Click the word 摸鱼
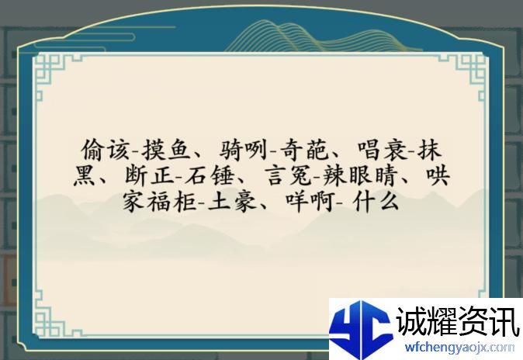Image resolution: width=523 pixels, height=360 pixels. [x=165, y=151]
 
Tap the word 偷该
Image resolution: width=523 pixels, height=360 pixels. [x=105, y=151]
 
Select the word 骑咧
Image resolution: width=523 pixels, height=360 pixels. [x=244, y=151]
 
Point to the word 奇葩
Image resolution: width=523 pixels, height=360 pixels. [x=304, y=151]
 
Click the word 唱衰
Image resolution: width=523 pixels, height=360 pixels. [x=383, y=151]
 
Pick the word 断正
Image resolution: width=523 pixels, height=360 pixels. [x=150, y=176]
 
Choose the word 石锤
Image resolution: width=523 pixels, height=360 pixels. [x=210, y=176]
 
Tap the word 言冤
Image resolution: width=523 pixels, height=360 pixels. [x=289, y=176]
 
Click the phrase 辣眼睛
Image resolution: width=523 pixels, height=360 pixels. [x=360, y=176]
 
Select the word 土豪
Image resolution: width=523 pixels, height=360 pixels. [x=233, y=202]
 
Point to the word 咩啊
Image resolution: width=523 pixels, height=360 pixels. [x=311, y=202]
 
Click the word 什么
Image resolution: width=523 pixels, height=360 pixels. [x=376, y=202]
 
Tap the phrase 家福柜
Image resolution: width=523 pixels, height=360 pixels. [x=160, y=202]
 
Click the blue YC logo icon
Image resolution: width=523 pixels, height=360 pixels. [x=362, y=329]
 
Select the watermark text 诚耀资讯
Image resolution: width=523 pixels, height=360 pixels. [x=458, y=321]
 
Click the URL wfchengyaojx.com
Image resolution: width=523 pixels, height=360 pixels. [x=459, y=348]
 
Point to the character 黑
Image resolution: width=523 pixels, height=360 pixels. [x=85, y=176]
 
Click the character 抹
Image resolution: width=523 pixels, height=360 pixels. [x=431, y=151]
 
